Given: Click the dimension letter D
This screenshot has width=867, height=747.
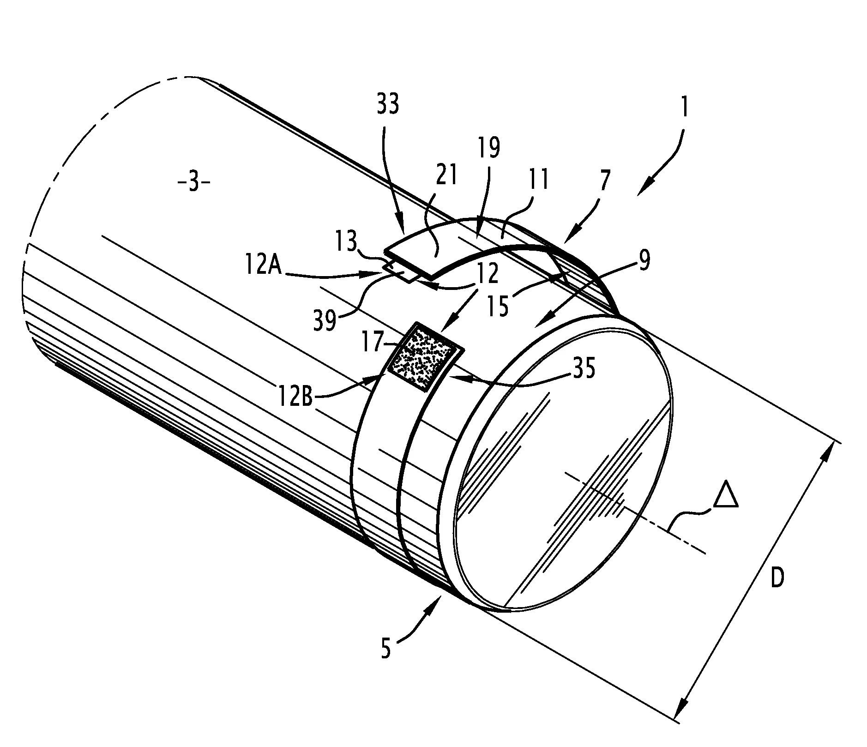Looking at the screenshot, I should pyautogui.click(x=777, y=578).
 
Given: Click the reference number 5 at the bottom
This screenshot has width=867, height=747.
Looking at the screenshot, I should pyautogui.click(x=386, y=649).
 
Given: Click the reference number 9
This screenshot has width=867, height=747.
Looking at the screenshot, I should pyautogui.click(x=644, y=261).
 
